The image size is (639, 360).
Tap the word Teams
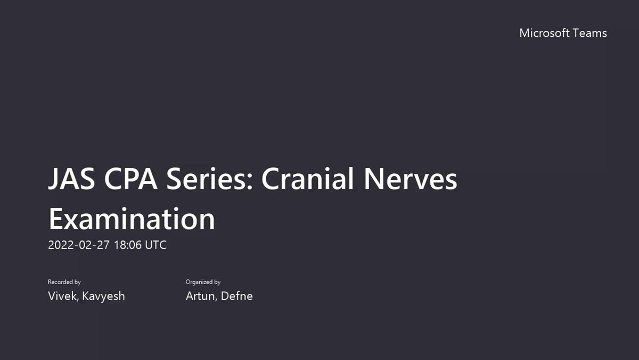tap(590, 33)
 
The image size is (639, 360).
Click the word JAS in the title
tap(71, 179)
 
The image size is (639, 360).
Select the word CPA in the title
tap(130, 179)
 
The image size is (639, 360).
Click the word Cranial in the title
tap(308, 178)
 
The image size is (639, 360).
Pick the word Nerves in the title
tap(411, 179)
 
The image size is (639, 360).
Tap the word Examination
tap(132, 218)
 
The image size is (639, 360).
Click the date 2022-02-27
tap(79, 245)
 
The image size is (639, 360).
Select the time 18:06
tap(128, 245)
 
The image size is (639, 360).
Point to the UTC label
tap(155, 245)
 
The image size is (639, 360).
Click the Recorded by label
tap(64, 282)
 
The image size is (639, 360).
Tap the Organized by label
tap(203, 282)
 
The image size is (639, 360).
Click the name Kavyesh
tap(103, 297)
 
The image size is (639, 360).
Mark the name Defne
tap(236, 296)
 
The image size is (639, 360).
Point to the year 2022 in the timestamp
tap(61, 245)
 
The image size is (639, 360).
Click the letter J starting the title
tap(54, 179)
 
